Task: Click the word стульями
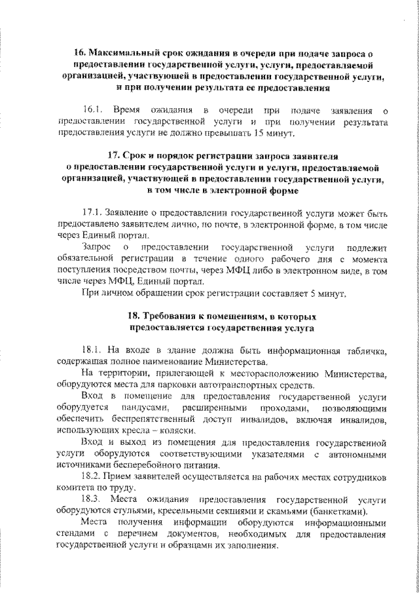(x=134, y=512)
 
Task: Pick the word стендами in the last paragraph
(x=78, y=536)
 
